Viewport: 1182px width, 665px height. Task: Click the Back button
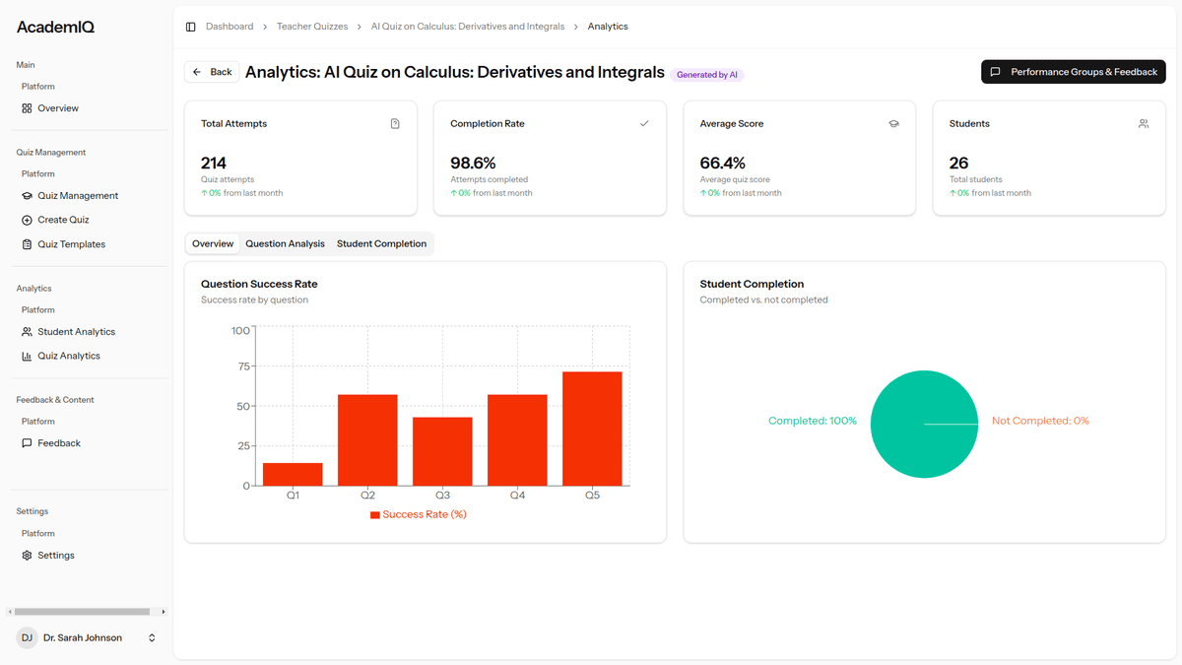coord(212,72)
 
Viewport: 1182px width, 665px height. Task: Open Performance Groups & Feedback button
coord(1074,72)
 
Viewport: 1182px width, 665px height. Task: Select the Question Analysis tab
coord(285,243)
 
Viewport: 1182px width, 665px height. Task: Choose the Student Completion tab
coord(381,243)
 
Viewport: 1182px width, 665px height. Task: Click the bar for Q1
coord(293,474)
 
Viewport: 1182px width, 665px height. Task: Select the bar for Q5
coord(592,429)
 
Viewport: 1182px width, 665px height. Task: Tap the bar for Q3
coord(442,451)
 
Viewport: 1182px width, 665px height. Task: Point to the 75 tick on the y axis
coord(240,366)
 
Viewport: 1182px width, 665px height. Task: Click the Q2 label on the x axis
coord(367,496)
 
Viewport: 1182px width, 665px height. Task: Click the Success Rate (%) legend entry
coord(419,514)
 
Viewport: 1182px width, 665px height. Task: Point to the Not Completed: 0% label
coord(1040,421)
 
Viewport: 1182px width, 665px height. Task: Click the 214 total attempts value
coord(214,163)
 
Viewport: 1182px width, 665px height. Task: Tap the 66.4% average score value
coord(722,163)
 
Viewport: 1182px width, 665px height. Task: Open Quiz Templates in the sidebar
coord(71,244)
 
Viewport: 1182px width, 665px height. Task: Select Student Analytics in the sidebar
coord(76,332)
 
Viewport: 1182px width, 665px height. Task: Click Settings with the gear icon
coord(56,556)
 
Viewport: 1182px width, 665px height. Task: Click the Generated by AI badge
coord(707,75)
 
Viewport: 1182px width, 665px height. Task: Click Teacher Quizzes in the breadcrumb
coord(312,27)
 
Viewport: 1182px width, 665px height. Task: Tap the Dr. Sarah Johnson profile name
coord(83,638)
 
